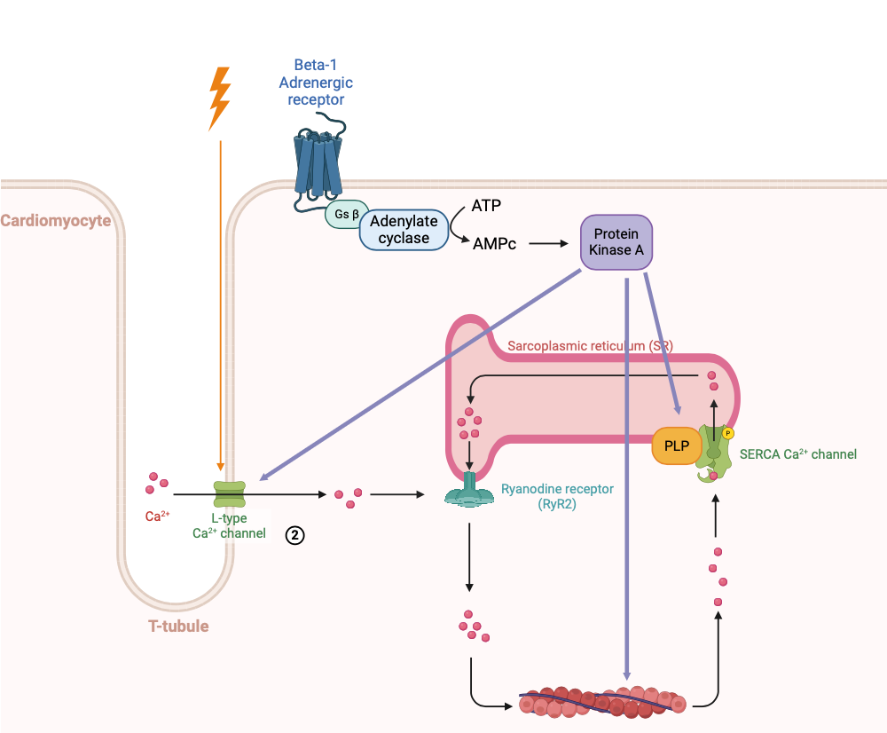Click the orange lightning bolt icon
coord(219,98)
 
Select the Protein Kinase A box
coord(616,240)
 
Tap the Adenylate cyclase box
coord(404,230)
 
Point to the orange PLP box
coord(676,444)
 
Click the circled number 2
coord(294,534)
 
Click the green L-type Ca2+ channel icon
coord(229,494)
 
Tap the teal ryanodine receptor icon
coord(469,493)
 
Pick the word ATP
coord(486,206)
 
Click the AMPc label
coord(495,242)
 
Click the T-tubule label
coord(178,626)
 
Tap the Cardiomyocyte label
coord(56,220)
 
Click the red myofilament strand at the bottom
coord(603,702)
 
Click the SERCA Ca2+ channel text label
coord(797,454)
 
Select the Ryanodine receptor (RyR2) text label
coord(557,496)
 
